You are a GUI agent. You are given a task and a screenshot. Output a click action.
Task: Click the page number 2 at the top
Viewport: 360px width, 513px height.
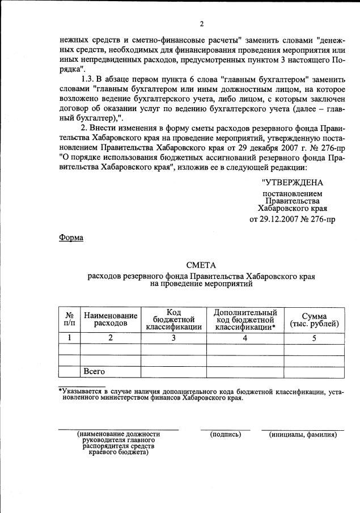[201, 24]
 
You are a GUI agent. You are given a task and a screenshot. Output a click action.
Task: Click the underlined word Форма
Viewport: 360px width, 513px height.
[71, 238]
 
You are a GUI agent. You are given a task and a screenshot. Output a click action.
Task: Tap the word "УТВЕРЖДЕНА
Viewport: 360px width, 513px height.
[293, 183]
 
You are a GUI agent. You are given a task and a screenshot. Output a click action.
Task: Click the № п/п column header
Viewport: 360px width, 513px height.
[69, 319]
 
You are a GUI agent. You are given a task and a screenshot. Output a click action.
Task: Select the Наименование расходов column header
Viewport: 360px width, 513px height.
[111, 319]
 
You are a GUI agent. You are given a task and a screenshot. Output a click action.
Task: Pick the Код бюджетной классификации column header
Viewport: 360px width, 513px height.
[173, 319]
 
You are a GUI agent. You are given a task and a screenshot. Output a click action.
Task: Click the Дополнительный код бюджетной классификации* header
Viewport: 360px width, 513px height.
[245, 319]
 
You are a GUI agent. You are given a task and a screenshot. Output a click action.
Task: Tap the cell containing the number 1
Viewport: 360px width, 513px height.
[69, 338]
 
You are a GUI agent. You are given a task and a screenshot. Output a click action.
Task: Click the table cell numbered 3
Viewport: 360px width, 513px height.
[173, 338]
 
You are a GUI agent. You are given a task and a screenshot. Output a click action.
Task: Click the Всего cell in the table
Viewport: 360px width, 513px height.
[95, 372]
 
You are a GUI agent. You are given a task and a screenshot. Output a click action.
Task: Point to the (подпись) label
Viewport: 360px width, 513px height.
[225, 435]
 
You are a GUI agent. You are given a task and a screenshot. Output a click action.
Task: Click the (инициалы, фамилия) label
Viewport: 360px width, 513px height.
[303, 435]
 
